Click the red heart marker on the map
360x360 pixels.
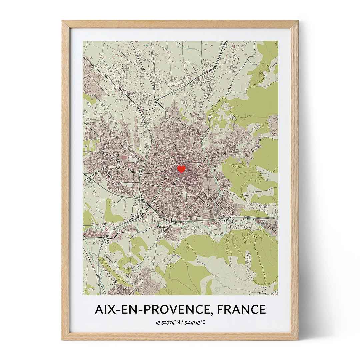coord(181,169)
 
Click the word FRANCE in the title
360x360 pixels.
coord(242,309)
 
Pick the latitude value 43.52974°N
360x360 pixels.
coord(167,323)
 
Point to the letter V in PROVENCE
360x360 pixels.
coord(177,309)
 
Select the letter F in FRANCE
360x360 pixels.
coord(221,309)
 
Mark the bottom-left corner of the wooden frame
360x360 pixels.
coord(62,340)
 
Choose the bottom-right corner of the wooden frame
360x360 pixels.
coord(298,340)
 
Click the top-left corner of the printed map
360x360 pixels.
coord(83,41)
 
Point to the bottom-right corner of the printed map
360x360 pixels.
coord(278,295)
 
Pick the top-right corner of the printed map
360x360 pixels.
coord(278,41)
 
